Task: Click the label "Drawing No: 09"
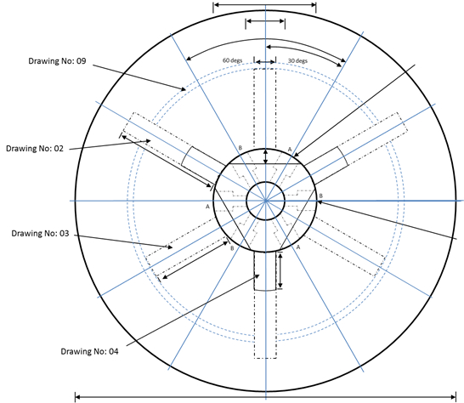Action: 57,61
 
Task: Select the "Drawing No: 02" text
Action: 35,148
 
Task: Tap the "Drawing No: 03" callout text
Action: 40,233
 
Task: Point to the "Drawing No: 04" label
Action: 89,351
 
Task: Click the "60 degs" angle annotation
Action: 232,60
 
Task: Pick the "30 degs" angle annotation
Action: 297,60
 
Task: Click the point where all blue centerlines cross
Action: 266,201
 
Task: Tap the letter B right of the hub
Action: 321,196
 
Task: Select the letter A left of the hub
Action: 207,207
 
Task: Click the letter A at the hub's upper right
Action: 290,150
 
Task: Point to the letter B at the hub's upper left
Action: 240,147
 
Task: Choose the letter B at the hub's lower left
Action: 232,248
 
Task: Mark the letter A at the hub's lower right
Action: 298,247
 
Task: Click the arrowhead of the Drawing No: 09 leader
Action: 184,88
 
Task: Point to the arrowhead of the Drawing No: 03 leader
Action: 170,247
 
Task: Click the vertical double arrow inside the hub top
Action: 265,156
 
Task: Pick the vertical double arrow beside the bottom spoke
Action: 280,270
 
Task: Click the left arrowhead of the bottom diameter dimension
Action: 77,397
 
